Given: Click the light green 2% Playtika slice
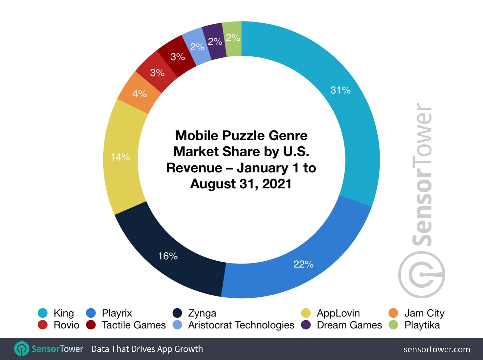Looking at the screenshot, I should click(x=233, y=38).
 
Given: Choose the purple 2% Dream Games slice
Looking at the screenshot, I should click(x=215, y=42).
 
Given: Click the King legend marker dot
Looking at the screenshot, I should click(x=43, y=313).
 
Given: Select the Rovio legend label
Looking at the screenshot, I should click(x=67, y=325).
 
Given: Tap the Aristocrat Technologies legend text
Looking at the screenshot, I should click(x=241, y=325).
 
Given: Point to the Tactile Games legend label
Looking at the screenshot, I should click(x=134, y=325).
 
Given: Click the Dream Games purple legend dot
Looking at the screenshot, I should click(x=306, y=325).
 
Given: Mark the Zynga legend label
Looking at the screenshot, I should click(x=202, y=313).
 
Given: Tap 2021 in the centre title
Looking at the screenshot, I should click(x=277, y=184).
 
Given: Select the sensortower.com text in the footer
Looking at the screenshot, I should click(x=437, y=349).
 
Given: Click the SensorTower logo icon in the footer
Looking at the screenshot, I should click(x=22, y=349).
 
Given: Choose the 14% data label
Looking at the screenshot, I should click(x=121, y=157).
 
